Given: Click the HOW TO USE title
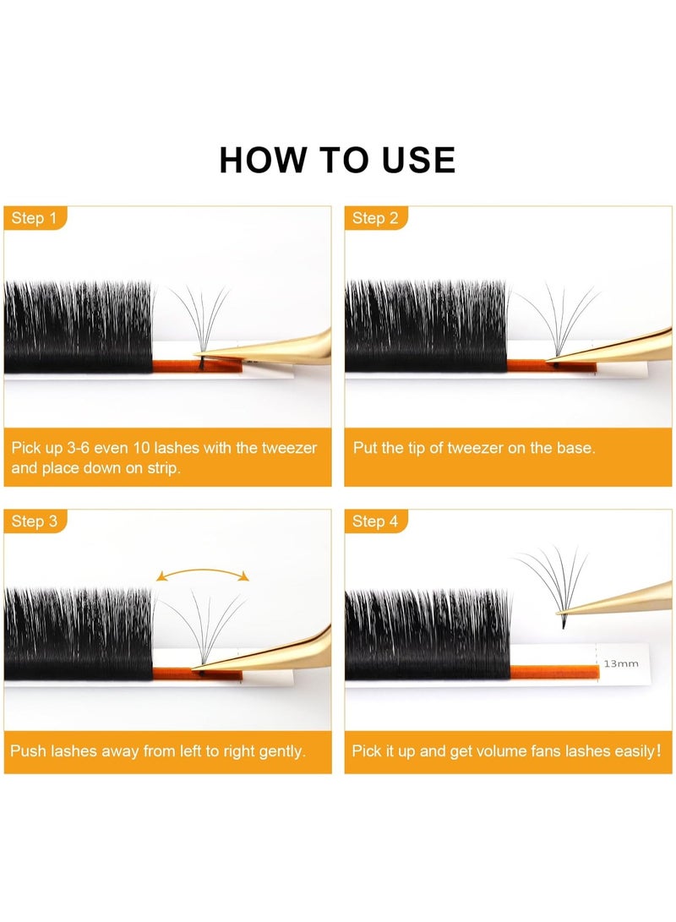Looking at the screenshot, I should [x=337, y=160].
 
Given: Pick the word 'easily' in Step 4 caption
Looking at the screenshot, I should [x=628, y=750].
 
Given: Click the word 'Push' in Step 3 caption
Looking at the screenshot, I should [x=28, y=750].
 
